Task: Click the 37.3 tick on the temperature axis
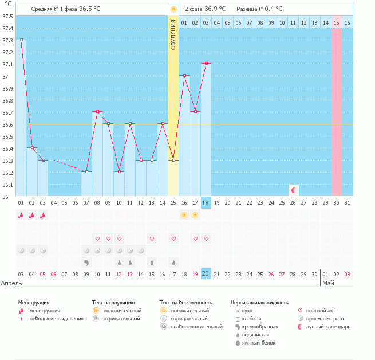[x=8, y=40]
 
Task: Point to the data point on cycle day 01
[x=21, y=40]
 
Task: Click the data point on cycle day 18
[x=206, y=64]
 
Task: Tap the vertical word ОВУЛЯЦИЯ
[x=173, y=35]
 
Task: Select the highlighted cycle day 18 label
[x=206, y=203]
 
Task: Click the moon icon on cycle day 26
[x=294, y=190]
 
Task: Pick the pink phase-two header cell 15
[x=337, y=22]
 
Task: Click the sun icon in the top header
[x=173, y=10]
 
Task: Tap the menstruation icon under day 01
[x=21, y=216]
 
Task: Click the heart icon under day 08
[x=97, y=238]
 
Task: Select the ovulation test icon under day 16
[x=184, y=216]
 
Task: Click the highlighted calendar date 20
[x=206, y=274]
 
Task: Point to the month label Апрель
[x=11, y=283]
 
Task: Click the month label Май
[x=328, y=283]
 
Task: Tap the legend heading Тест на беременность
[x=186, y=302]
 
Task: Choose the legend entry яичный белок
[x=259, y=343]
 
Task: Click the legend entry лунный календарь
[x=329, y=327]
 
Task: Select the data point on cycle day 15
[x=173, y=161]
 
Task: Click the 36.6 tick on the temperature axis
[x=8, y=124]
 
